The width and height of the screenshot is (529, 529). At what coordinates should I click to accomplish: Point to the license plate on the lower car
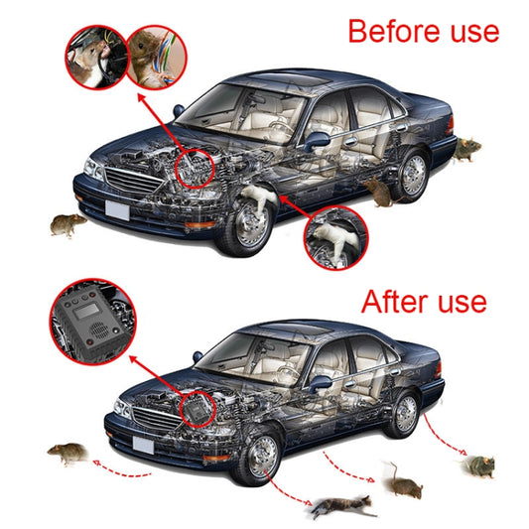142,446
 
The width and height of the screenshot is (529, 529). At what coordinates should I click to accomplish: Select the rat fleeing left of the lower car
67,456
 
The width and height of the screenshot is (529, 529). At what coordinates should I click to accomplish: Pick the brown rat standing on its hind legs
399,481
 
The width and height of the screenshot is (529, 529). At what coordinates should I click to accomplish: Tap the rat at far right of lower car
478,463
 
